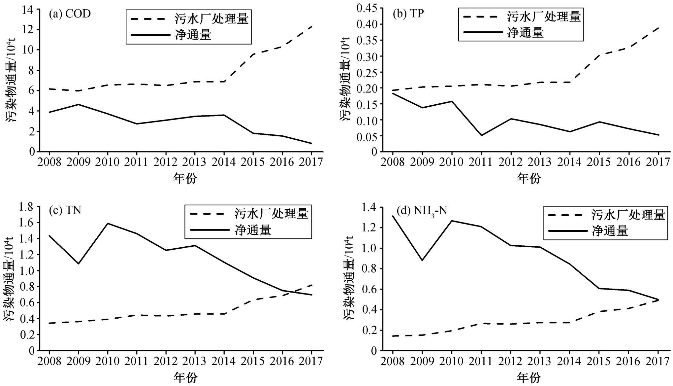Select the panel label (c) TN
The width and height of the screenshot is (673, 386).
pyautogui.click(x=65, y=210)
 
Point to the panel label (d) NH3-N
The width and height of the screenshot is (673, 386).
pyautogui.click(x=421, y=210)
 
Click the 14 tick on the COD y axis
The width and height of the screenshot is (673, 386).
pyautogui.click(x=29, y=9)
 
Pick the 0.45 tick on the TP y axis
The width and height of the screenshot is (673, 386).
pyautogui.click(x=367, y=8)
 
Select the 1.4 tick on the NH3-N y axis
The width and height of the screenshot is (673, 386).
pyautogui.click(x=369, y=207)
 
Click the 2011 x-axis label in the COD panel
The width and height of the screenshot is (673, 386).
pyautogui.click(x=137, y=162)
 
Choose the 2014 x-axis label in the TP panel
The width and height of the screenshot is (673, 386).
pyautogui.click(x=570, y=162)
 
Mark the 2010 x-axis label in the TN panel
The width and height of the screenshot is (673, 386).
pyautogui.click(x=108, y=361)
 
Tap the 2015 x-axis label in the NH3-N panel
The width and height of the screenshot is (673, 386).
pyautogui.click(x=599, y=361)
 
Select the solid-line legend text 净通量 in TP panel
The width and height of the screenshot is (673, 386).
pyautogui.click(x=525, y=33)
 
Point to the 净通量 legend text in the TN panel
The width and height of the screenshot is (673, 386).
pyautogui.click(x=253, y=230)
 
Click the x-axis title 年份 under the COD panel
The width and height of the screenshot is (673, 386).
pyautogui.click(x=185, y=179)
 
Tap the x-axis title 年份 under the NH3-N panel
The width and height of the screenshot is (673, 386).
pyautogui.click(x=529, y=377)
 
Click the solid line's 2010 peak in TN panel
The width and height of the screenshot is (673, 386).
pyautogui.click(x=108, y=224)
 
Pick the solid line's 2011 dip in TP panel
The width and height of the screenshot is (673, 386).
pyautogui.click(x=481, y=135)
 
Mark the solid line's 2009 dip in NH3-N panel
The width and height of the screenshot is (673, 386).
pyautogui.click(x=422, y=260)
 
